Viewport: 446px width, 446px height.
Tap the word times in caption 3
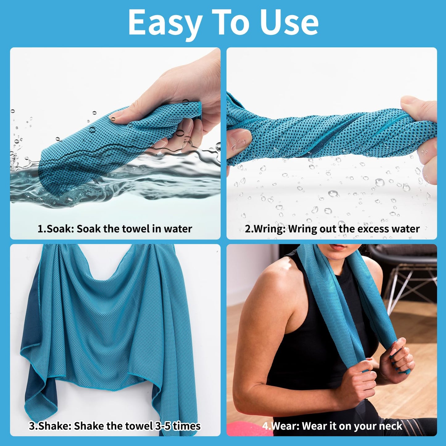186,426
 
